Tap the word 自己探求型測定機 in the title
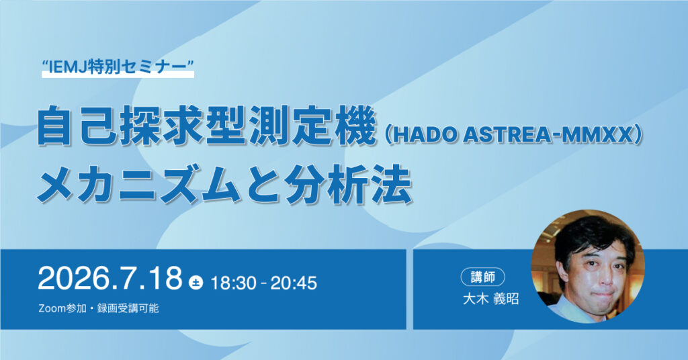pyautogui.click(x=207, y=126)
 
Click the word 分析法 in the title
pyautogui.click(x=349, y=185)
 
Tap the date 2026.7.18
pyautogui.click(x=110, y=278)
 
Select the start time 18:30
pyautogui.click(x=233, y=283)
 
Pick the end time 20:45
pyautogui.click(x=294, y=283)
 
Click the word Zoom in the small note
pyautogui.click(x=52, y=308)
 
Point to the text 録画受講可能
pyautogui.click(x=128, y=308)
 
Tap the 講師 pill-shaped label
pyautogui.click(x=482, y=277)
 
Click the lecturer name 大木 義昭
pyautogui.click(x=490, y=299)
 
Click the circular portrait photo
pyautogui.click(x=587, y=267)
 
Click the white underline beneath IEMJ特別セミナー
pyautogui.click(x=118, y=75)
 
